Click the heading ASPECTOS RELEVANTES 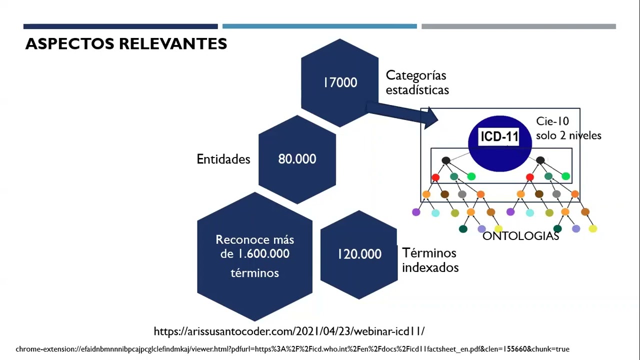tap(126, 44)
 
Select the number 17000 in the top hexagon tap(340, 82)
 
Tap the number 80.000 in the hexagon tap(297, 159)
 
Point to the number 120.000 tap(359, 254)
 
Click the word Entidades tap(223, 159)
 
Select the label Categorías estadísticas tap(417, 82)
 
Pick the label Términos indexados tap(430, 260)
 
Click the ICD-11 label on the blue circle tap(499, 136)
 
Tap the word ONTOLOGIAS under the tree tap(520, 236)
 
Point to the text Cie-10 tap(552, 121)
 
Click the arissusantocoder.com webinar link tap(289, 331)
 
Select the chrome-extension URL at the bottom tap(292, 349)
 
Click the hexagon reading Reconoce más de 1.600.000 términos tap(254, 256)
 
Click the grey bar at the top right tap(518, 26)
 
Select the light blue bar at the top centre tap(319, 26)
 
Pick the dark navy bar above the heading tap(120, 26)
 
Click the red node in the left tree tap(435, 177)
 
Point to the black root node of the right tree tap(540, 160)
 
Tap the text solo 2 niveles tap(568, 135)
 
